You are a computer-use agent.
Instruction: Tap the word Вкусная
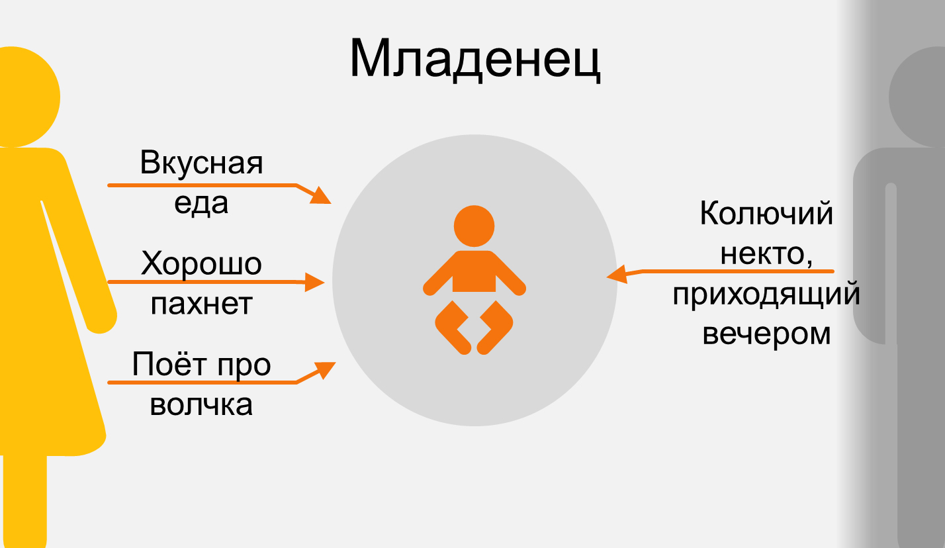(201, 163)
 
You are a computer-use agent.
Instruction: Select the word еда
(201, 203)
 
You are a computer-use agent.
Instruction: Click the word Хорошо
(201, 264)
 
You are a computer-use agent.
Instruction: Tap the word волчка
(201, 404)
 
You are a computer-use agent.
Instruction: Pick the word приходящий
(766, 295)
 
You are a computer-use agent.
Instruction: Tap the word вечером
(766, 334)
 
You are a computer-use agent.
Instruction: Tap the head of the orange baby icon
(474, 225)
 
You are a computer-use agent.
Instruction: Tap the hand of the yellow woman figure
(102, 322)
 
